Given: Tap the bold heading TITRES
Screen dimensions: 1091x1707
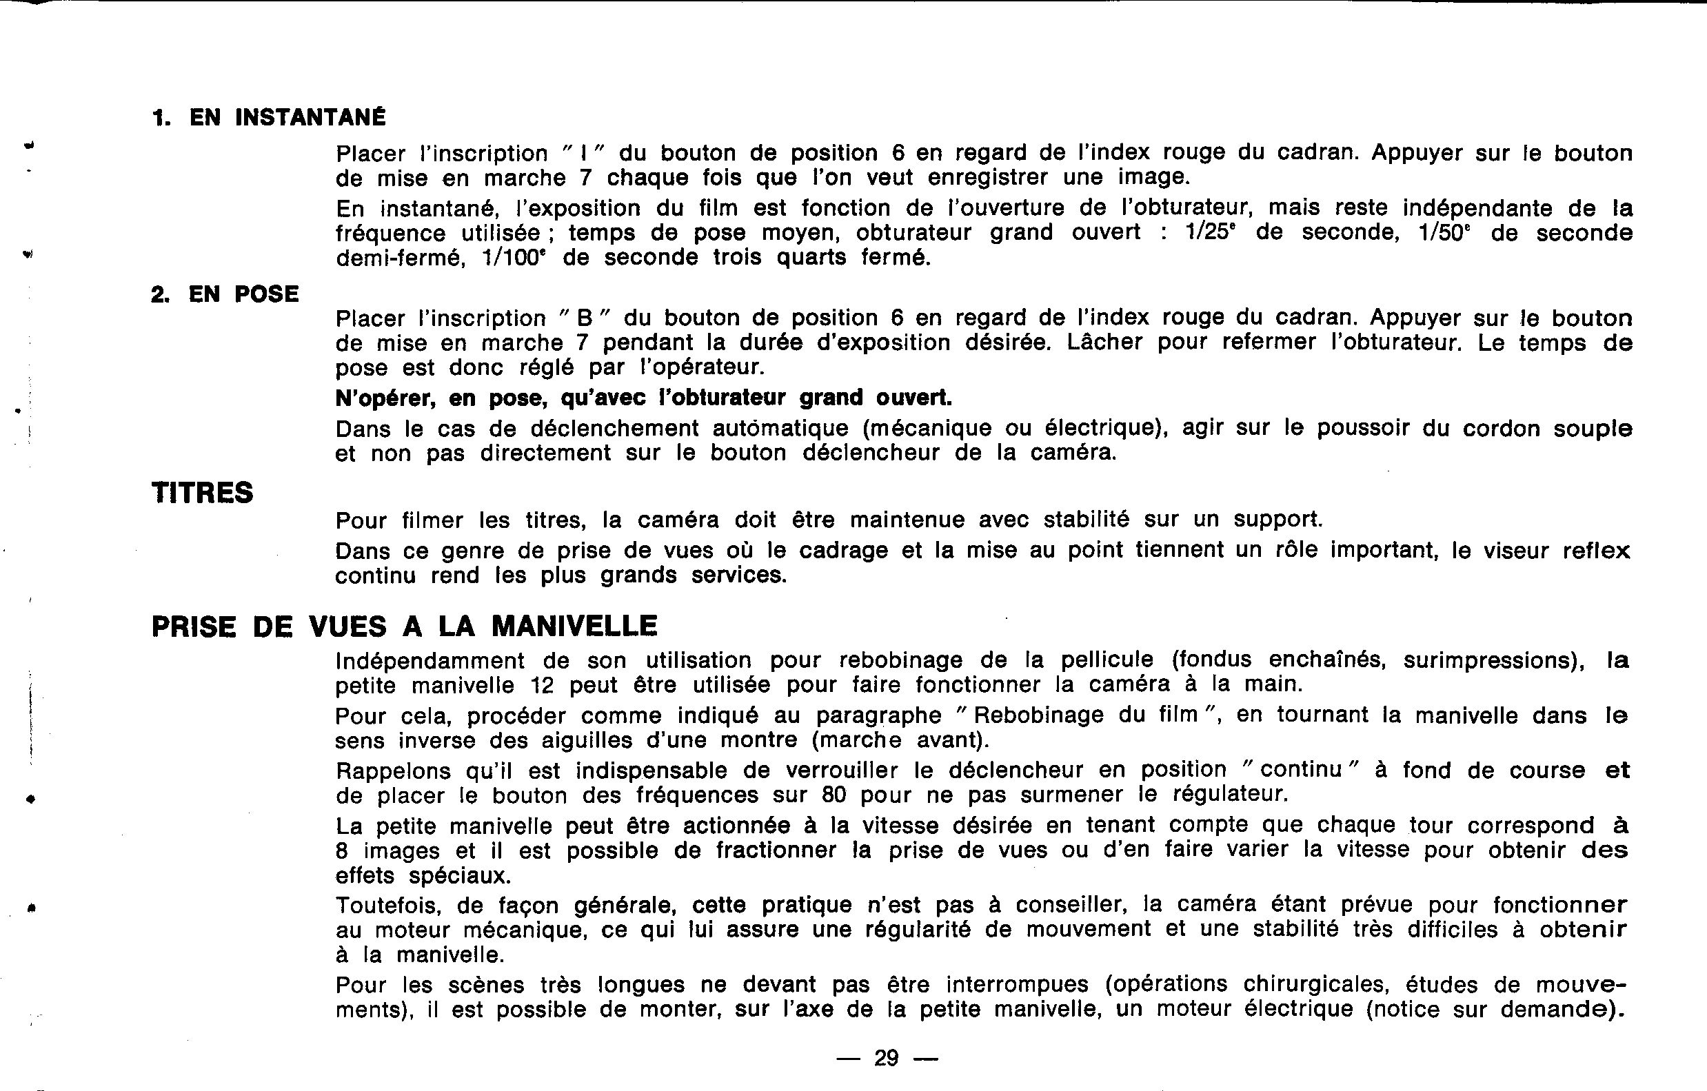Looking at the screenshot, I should (x=203, y=493).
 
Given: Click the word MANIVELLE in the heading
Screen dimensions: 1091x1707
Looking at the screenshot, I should (x=574, y=626).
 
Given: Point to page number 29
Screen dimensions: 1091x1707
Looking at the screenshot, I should (x=887, y=1059).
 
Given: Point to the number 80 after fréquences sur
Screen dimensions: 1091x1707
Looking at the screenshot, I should (x=834, y=795).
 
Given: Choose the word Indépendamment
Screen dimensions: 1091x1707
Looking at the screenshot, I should (x=430, y=661).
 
